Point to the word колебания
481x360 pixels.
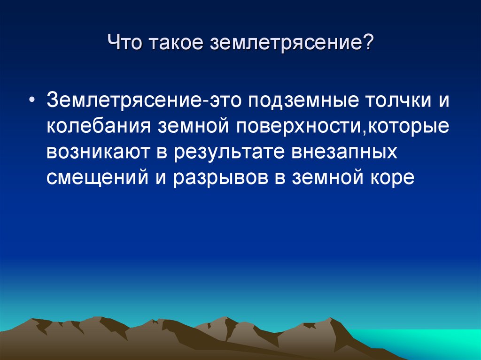click(99, 126)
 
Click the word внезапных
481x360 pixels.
click(344, 152)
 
